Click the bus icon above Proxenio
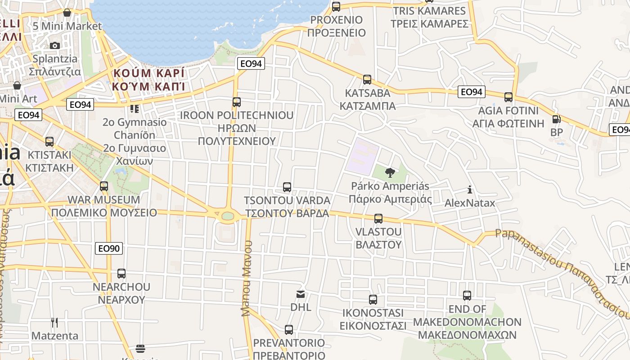(336, 7)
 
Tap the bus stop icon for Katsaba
(367, 80)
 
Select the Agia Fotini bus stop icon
(508, 97)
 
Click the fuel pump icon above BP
(557, 119)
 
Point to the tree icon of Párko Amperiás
(390, 172)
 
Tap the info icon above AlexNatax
(470, 189)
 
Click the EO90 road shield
(109, 248)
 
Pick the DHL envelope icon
(300, 294)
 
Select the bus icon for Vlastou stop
(378, 219)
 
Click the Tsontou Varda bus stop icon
(287, 187)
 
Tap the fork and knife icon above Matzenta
(54, 322)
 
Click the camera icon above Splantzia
(55, 45)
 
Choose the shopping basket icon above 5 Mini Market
(67, 13)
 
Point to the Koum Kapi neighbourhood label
(149, 79)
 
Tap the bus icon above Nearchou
(121, 273)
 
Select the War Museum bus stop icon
(104, 186)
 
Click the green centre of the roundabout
(228, 216)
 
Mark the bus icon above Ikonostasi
(373, 300)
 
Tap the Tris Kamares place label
(429, 17)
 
